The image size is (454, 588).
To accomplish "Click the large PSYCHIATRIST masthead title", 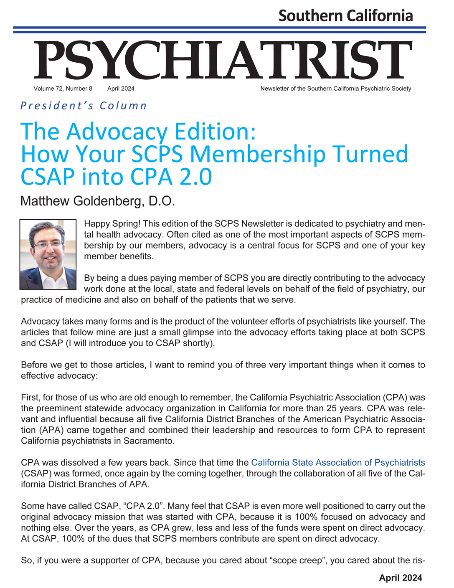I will pyautogui.click(x=223, y=61).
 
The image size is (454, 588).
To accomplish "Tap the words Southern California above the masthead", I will pyautogui.click(x=345, y=16).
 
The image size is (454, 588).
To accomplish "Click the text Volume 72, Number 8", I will pyautogui.click(x=63, y=89).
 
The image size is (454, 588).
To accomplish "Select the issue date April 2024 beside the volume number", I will pyautogui.click(x=121, y=89).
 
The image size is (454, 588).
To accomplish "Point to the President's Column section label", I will pyautogui.click(x=84, y=106).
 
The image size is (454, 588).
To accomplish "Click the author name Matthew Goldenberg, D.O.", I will pyautogui.click(x=97, y=201).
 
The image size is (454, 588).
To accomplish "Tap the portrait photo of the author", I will pyautogui.click(x=48, y=254).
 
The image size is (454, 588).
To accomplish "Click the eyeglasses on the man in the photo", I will pyautogui.click(x=48, y=244).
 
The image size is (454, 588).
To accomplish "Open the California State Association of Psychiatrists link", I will pyautogui.click(x=338, y=462).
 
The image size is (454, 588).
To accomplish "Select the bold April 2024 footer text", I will pyautogui.click(x=401, y=578).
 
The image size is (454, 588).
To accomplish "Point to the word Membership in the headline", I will pyautogui.click(x=258, y=154).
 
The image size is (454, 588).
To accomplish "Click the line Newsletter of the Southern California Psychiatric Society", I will pyautogui.click(x=335, y=89).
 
